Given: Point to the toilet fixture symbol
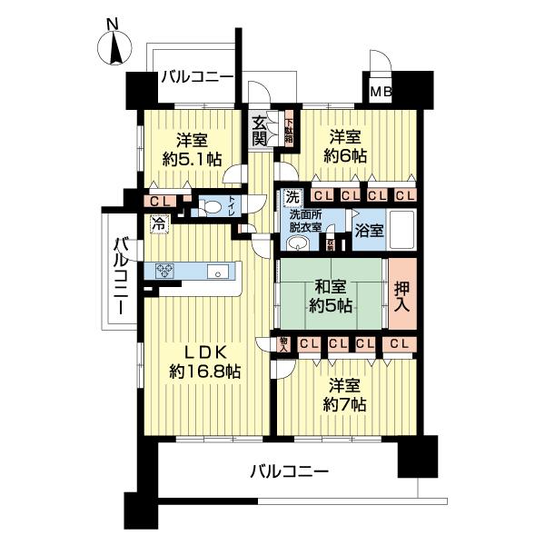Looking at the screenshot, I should (x=210, y=207).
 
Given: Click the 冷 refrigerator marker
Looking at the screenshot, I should (x=159, y=221).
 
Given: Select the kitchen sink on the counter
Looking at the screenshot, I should (x=219, y=271).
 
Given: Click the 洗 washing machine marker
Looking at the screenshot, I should (x=292, y=196).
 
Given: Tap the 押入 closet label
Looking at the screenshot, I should (x=403, y=294).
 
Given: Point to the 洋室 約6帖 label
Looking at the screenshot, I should (x=348, y=145).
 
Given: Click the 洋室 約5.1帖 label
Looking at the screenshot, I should (x=192, y=148).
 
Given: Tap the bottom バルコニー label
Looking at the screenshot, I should (x=289, y=471).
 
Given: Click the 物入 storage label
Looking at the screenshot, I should (x=284, y=343).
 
